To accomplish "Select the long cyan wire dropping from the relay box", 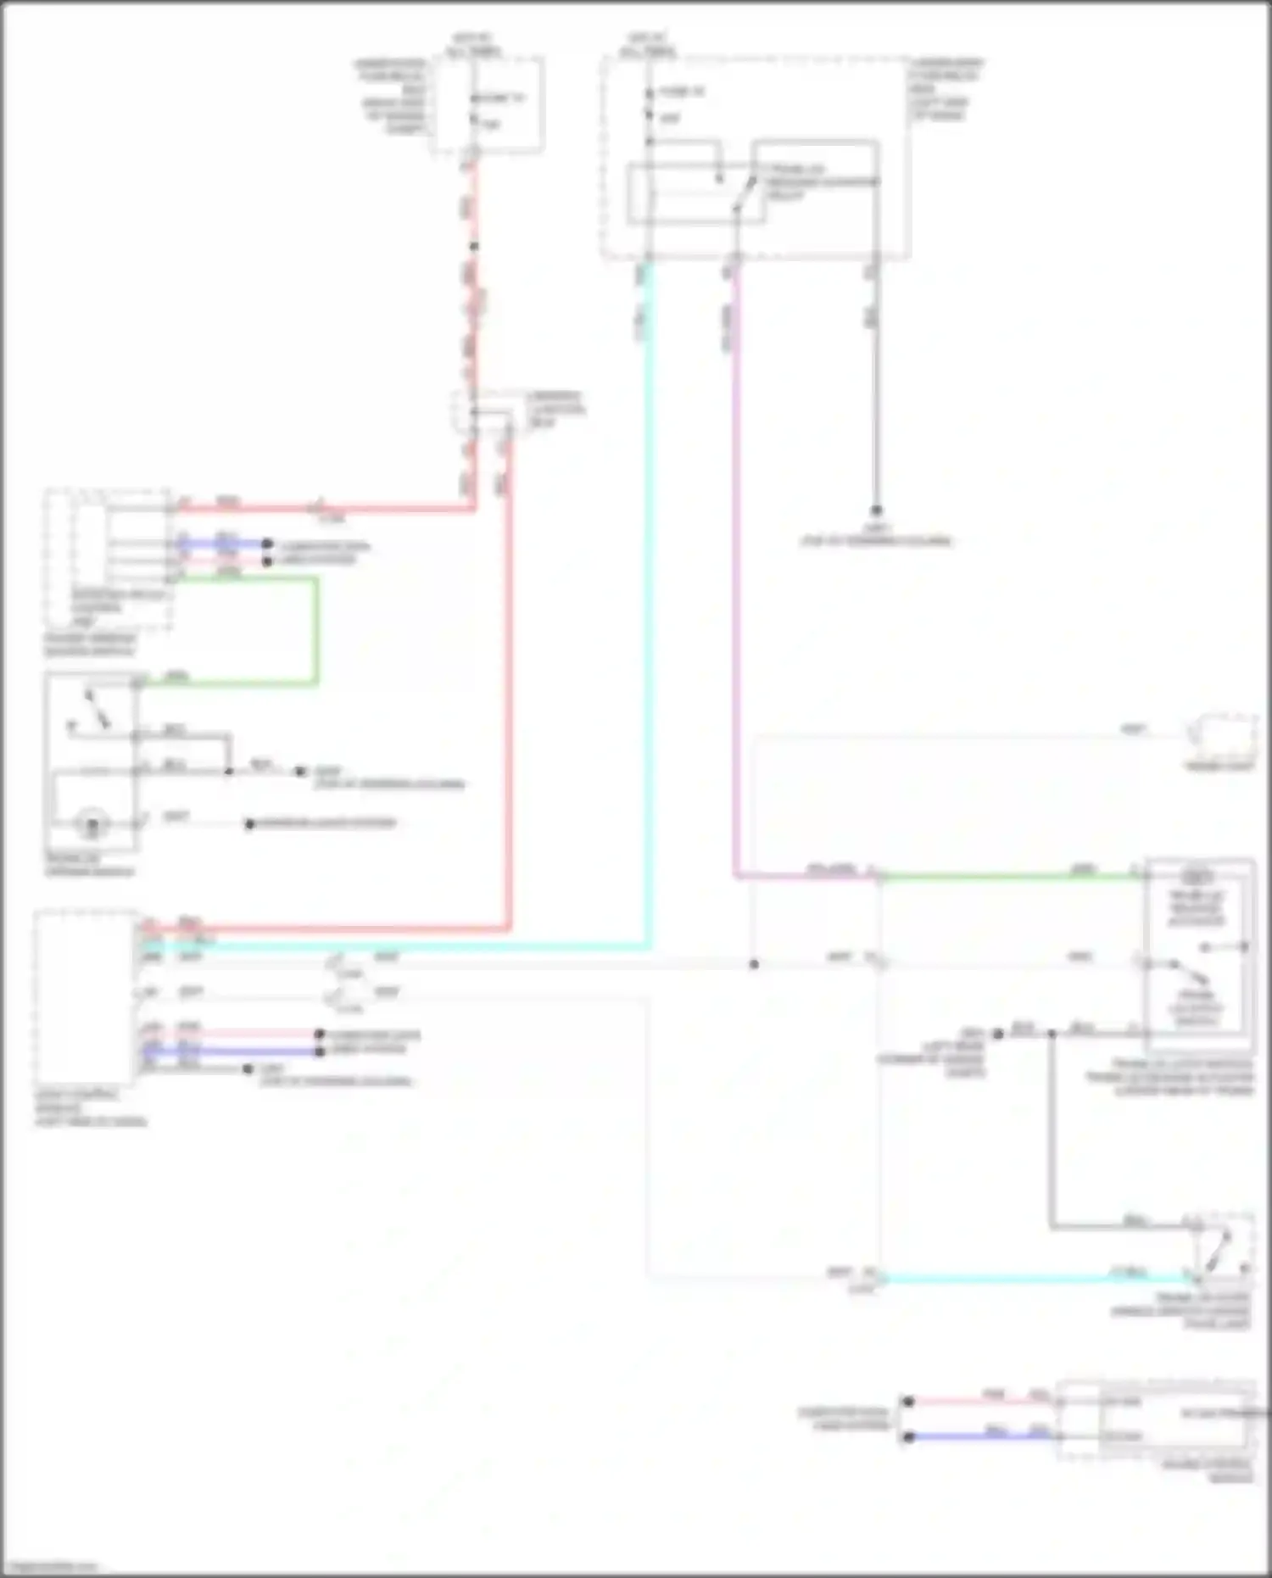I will pos(648,594).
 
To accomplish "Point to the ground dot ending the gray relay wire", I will pos(876,510).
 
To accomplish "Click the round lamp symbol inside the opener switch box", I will pos(91,822).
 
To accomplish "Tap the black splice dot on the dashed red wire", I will pos(474,247).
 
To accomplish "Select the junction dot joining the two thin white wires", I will pos(754,964).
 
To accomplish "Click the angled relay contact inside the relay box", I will pos(744,192).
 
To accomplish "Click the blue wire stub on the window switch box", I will pos(222,544).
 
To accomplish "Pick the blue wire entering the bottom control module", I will pos(984,1436).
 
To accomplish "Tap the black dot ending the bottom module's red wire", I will pos(908,1402).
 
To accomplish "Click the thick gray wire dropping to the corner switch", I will pos(1052,1128).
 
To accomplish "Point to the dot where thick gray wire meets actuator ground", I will pos(1052,1034).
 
